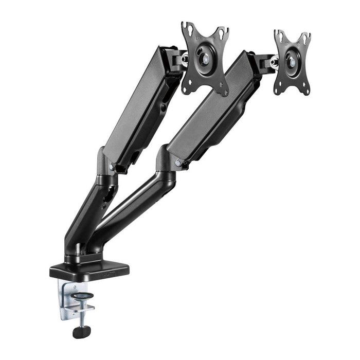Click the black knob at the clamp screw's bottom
pyautogui.click(x=80, y=332)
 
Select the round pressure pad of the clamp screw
pyautogui.click(x=82, y=296)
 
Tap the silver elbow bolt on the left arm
pyautogui.click(x=112, y=166)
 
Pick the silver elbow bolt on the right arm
pyautogui.click(x=178, y=163)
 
